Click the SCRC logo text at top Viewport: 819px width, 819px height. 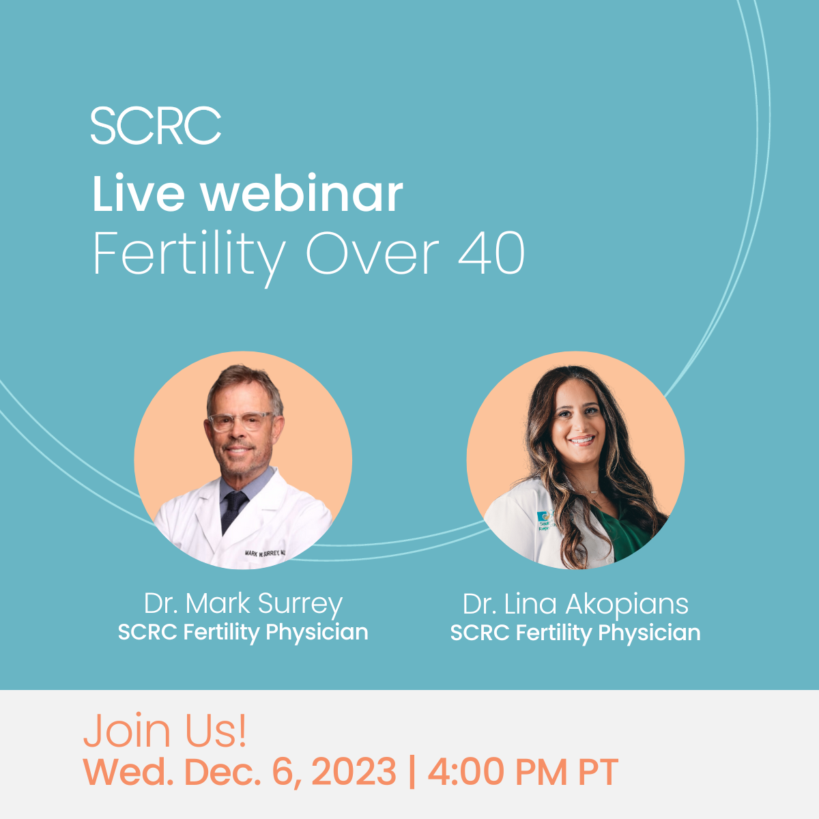156,126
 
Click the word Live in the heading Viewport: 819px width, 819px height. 139,193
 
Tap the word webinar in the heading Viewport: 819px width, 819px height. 302,193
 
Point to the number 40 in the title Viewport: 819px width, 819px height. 491,253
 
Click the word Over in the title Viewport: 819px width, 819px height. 373,253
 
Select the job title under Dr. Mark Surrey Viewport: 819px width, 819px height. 243,633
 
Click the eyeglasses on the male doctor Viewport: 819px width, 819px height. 240,421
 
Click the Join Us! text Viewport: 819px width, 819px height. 165,731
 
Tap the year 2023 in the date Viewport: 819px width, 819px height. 354,772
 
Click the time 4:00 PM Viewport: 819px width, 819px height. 498,772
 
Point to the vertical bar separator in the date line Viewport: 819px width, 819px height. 412,772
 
